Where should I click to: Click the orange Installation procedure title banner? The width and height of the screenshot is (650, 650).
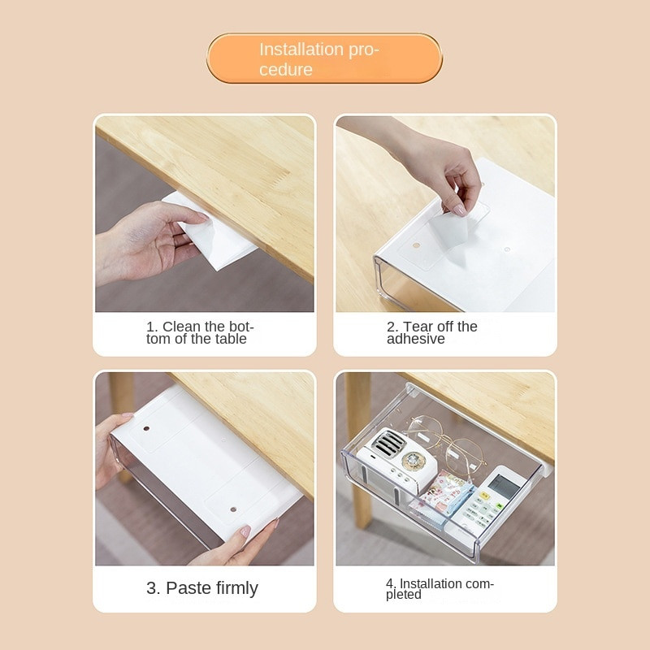(x=324, y=58)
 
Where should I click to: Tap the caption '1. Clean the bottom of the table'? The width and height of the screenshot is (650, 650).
(x=199, y=332)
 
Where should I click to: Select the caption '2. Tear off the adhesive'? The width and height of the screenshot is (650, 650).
(x=432, y=332)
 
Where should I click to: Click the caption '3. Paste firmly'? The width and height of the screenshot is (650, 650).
(x=201, y=587)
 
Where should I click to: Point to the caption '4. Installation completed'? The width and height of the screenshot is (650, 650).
(x=440, y=588)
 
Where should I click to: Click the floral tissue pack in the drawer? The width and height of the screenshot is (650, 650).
(x=440, y=496)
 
